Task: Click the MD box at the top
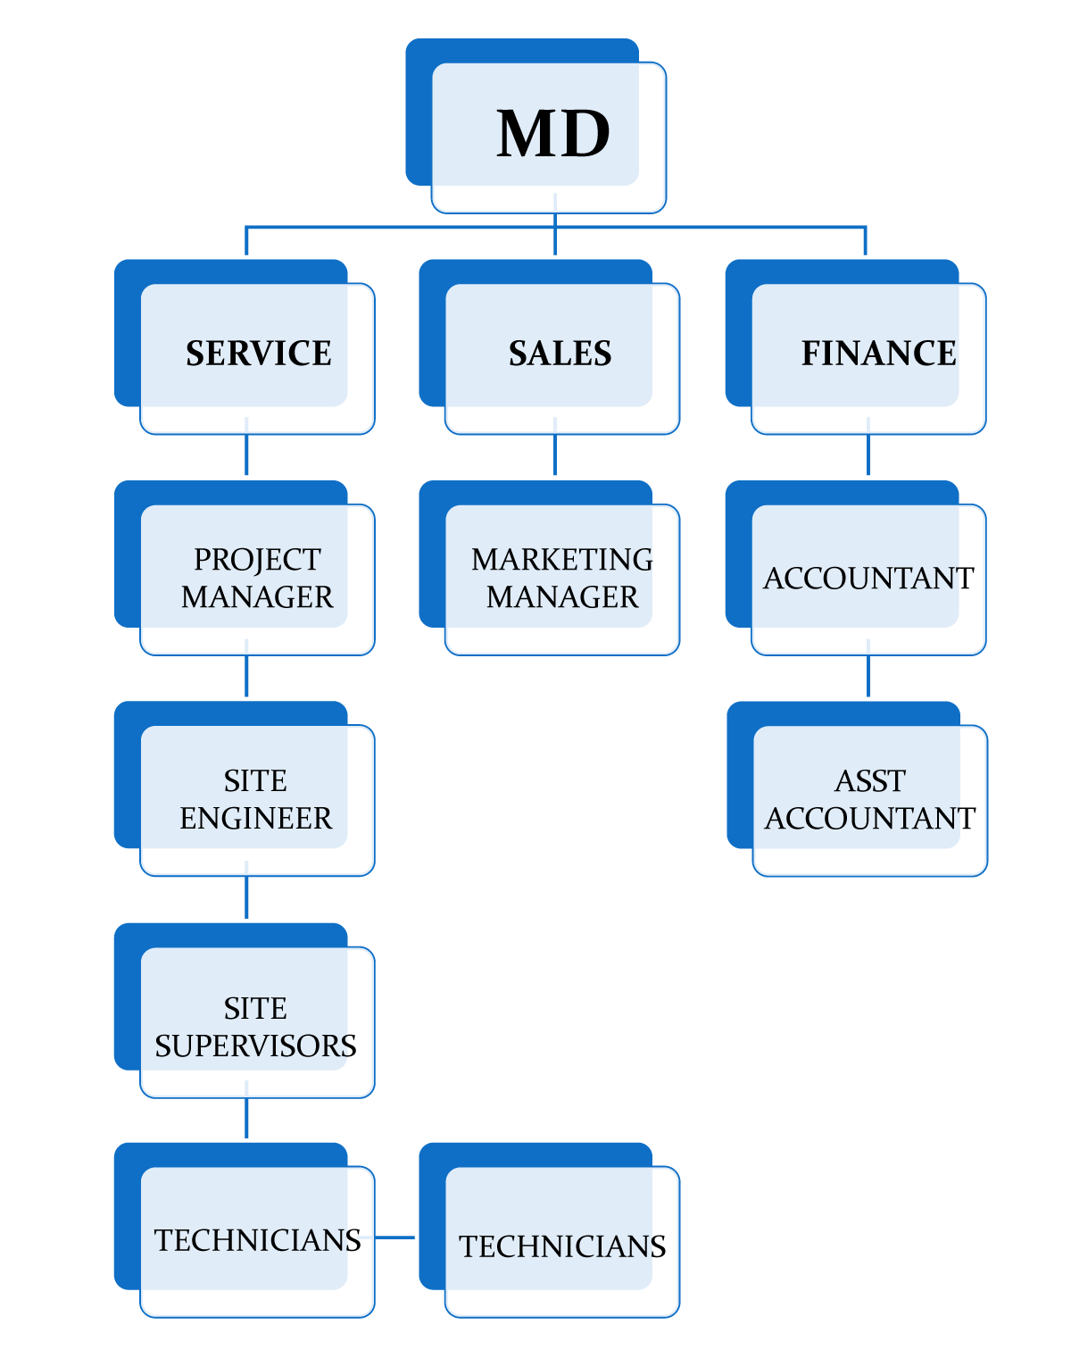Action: pos(549,134)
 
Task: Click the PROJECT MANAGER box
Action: pos(257,578)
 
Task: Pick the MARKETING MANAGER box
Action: pos(561,578)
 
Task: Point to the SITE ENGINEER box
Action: pos(256,799)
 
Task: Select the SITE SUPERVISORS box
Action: pos(256,1027)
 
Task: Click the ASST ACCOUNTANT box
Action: pos(869,799)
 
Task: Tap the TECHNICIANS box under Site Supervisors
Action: pos(257,1240)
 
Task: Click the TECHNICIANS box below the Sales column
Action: pos(561,1246)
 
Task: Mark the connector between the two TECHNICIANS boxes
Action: pos(395,1237)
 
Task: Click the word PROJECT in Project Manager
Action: pos(257,560)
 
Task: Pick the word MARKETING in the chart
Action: pos(562,560)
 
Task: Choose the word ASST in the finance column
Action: pos(869,781)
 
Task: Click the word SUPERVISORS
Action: pos(256,1046)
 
